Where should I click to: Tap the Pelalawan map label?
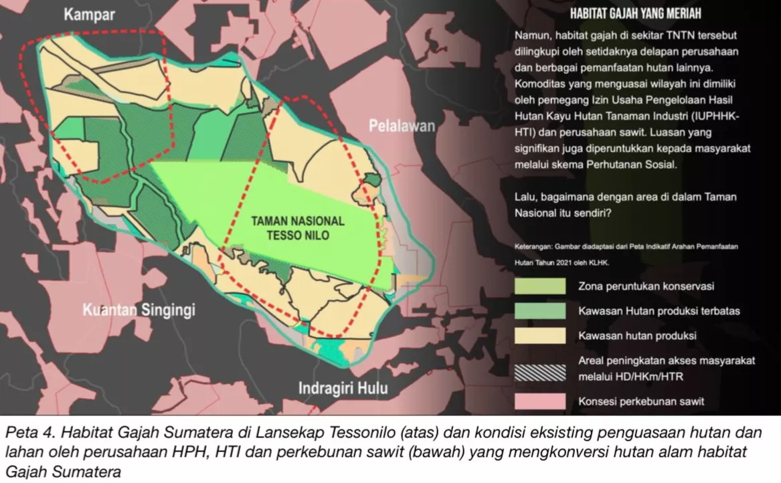[402, 126]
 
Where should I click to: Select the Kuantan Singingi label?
[139, 310]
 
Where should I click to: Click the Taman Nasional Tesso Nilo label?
[297, 228]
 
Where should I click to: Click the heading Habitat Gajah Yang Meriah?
[635, 13]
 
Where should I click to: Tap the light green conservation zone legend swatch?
[539, 286]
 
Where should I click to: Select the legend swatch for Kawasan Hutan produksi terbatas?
[539, 310]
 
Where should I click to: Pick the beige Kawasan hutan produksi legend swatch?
[539, 335]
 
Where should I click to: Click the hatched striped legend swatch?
[539, 369]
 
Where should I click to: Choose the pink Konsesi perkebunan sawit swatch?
[539, 401]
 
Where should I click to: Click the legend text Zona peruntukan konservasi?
[646, 286]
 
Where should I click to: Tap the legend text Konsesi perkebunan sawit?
[641, 402]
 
